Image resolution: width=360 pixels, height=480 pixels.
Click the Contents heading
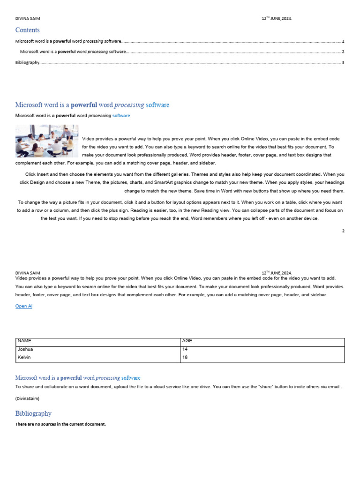click(x=27, y=30)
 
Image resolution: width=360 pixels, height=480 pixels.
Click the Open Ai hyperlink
click(x=24, y=306)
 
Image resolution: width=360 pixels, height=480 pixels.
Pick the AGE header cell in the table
click(x=187, y=341)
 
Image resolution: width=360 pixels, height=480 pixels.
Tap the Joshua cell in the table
click(x=25, y=349)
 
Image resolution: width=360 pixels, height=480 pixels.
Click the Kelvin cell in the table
click(x=24, y=357)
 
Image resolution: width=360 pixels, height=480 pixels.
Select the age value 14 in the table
click(x=185, y=349)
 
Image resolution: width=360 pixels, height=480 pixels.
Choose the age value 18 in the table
click(x=185, y=357)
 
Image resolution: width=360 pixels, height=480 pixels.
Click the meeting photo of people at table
click(x=46, y=141)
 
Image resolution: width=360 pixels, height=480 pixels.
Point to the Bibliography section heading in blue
click(x=33, y=413)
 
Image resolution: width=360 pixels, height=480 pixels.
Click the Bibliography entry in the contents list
click(x=27, y=62)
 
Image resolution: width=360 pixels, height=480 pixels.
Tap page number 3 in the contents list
click(x=343, y=62)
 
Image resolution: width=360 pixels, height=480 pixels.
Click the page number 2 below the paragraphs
click(x=343, y=231)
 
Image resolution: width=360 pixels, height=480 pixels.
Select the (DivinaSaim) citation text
click(x=27, y=398)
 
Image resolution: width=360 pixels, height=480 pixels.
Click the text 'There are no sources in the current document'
click(x=60, y=424)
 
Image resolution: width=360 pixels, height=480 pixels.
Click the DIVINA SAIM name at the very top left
click(x=28, y=19)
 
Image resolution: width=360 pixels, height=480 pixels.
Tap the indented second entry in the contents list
click(x=73, y=52)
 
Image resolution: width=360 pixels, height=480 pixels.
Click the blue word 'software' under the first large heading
click(x=121, y=115)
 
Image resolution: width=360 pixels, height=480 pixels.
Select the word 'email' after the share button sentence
click(x=334, y=387)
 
